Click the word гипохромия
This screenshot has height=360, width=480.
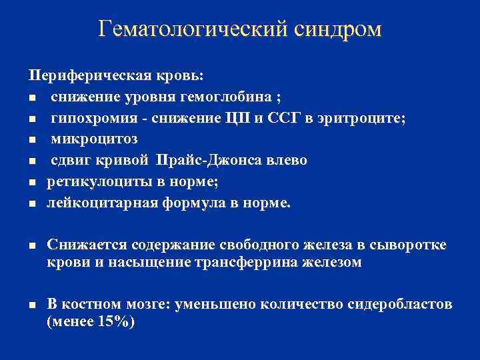[x=91, y=119]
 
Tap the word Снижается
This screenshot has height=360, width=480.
[x=86, y=246]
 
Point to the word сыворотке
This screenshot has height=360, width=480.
[x=410, y=246]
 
